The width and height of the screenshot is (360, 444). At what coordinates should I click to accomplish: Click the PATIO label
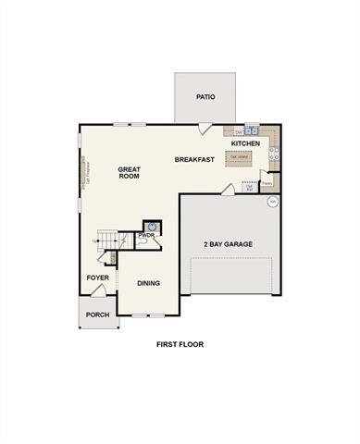tap(205, 96)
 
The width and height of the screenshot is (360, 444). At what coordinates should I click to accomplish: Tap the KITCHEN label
tap(245, 144)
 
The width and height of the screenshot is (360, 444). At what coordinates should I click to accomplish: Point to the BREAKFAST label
tap(194, 160)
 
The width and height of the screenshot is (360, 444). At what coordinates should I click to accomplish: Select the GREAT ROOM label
tap(129, 173)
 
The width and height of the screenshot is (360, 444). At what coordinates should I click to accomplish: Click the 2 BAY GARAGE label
tap(228, 244)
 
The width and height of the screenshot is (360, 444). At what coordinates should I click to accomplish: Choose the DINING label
tap(148, 284)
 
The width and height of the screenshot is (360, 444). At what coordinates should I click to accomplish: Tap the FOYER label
tap(98, 277)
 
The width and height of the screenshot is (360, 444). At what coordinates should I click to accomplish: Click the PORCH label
tap(97, 314)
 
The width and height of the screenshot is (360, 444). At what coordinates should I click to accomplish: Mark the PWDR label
tap(145, 236)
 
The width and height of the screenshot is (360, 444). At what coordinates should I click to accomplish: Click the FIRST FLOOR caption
tap(180, 344)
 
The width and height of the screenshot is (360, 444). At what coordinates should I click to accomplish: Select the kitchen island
tap(238, 157)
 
